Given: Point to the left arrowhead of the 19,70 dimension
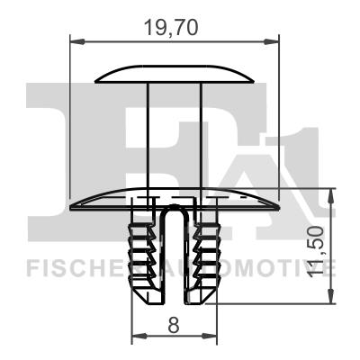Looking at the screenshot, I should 75,40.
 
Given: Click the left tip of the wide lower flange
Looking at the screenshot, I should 74,206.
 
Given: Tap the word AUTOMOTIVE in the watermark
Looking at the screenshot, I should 270,267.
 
